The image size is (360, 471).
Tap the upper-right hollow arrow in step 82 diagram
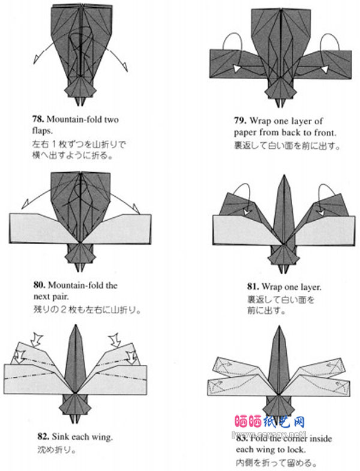[x=115, y=339]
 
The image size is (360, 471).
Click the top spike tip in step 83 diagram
[x=282, y=328]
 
